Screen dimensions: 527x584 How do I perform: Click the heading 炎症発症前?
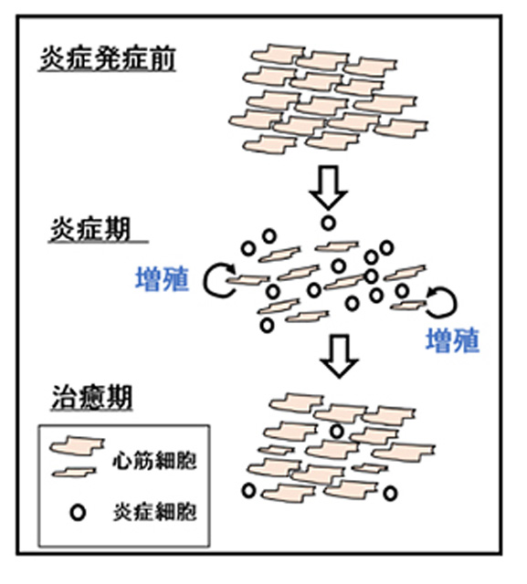pyautogui.click(x=108, y=58)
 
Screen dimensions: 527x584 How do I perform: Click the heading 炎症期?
pyautogui.click(x=90, y=229)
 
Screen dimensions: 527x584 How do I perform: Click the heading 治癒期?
pyautogui.click(x=91, y=398)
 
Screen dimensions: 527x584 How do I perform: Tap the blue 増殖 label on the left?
pyautogui.click(x=163, y=278)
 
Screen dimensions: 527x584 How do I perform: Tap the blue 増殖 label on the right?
pyautogui.click(x=452, y=340)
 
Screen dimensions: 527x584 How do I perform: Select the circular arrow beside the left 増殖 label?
pyautogui.click(x=205, y=280)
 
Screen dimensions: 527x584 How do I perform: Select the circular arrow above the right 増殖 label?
pyautogui.click(x=455, y=304)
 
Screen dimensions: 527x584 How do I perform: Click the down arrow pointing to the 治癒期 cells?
pyautogui.click(x=339, y=357)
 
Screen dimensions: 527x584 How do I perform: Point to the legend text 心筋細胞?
pyautogui.click(x=154, y=460)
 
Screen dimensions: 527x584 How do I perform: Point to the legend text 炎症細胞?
pyautogui.click(x=154, y=512)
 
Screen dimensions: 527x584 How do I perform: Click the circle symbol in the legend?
pyautogui.click(x=78, y=513)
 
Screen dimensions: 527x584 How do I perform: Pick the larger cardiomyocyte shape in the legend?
pyautogui.click(x=77, y=446)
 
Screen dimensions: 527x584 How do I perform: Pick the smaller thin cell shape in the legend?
pyautogui.click(x=74, y=473)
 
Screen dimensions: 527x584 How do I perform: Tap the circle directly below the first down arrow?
pyautogui.click(x=329, y=223)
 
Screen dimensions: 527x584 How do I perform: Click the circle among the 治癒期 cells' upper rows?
pyautogui.click(x=337, y=432)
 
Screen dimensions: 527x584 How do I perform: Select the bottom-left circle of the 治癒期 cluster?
pyautogui.click(x=249, y=491)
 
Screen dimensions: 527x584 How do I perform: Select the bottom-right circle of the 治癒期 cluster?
pyautogui.click(x=390, y=494)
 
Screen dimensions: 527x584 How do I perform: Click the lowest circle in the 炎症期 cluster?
pyautogui.click(x=267, y=325)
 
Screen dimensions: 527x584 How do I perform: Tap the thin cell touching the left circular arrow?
pyautogui.click(x=248, y=279)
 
